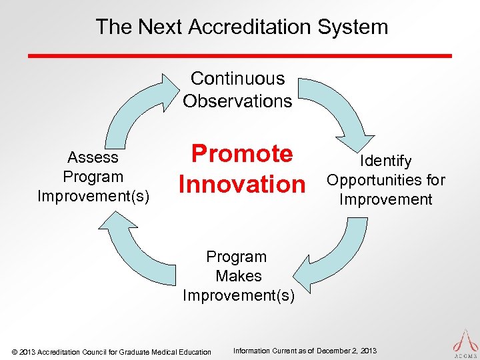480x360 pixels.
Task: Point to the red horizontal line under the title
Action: coord(240,55)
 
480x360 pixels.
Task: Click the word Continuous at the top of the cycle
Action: coord(237,79)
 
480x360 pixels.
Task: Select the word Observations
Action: coord(237,101)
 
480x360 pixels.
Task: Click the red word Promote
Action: coord(242,154)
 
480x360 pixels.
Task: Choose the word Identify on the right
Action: coord(386,161)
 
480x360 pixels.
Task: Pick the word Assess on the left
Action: coord(93,158)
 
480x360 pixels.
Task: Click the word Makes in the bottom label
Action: coord(239,276)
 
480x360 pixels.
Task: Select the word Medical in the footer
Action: coord(168,352)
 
